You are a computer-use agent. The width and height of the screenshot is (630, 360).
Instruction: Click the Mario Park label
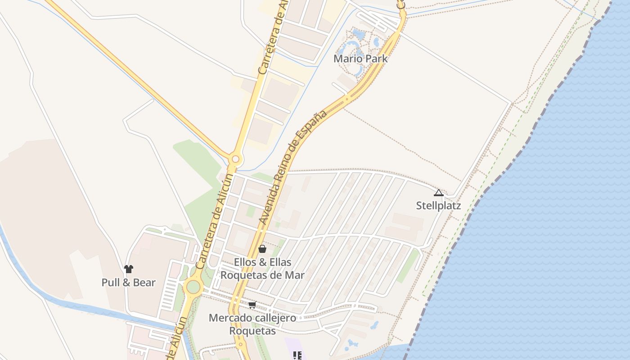360,58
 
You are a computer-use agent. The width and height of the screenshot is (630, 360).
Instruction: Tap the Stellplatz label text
438,206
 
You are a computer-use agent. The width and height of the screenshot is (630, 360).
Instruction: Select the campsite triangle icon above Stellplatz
438,193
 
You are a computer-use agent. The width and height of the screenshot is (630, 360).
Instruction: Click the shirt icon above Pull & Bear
129,269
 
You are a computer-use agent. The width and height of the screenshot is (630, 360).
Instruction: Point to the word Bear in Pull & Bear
144,283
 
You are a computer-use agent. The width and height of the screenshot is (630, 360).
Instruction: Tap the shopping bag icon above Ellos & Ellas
262,248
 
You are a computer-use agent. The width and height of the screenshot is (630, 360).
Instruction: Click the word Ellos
246,262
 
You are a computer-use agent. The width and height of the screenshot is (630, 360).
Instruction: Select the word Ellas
279,262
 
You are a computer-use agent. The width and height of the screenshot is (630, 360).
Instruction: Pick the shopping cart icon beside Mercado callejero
252,305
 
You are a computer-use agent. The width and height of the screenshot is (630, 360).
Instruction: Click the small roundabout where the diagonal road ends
235,159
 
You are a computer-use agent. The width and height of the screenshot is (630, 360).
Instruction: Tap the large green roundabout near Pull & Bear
193,286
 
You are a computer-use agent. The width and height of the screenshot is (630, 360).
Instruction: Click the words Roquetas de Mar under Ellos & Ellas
262,274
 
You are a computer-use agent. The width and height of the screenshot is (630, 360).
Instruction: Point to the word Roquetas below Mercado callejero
252,331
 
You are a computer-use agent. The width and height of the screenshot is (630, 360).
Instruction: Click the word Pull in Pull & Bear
111,283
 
